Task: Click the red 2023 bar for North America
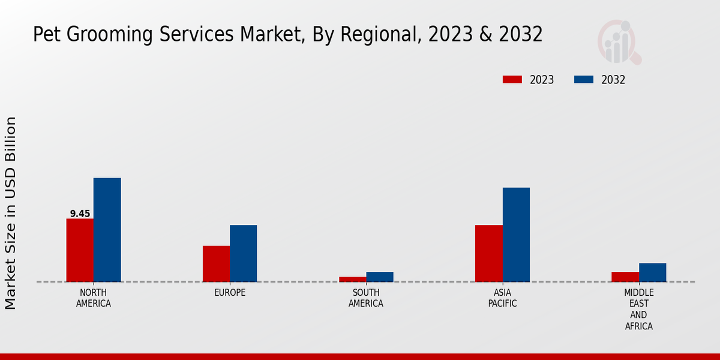click(80, 250)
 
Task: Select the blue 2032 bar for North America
click(107, 230)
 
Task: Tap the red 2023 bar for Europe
click(216, 264)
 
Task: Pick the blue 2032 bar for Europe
click(243, 253)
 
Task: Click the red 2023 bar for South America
click(352, 279)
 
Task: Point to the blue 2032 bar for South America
click(380, 277)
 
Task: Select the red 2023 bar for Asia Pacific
click(488, 253)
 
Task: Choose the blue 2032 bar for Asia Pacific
click(516, 235)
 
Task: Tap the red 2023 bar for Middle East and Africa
click(625, 277)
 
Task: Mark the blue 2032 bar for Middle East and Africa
click(652, 272)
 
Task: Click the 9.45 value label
click(80, 214)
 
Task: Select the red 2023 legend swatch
click(512, 80)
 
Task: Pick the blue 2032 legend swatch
click(584, 80)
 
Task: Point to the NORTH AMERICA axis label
click(94, 298)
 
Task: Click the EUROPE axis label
click(230, 293)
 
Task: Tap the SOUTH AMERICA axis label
click(366, 298)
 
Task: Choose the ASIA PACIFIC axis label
click(502, 298)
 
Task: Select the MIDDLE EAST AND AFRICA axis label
click(638, 310)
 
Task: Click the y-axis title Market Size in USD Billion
click(11, 213)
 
